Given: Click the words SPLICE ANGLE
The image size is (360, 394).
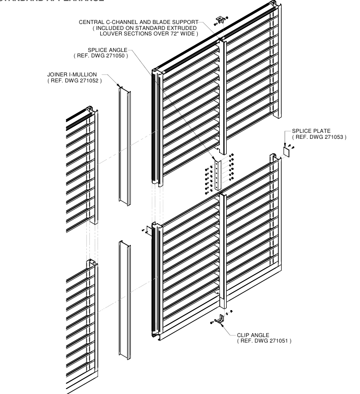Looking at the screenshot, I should tap(107, 50).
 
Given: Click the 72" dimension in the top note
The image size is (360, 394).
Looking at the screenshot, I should tap(180, 33).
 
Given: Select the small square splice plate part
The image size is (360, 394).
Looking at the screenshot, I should tap(287, 150).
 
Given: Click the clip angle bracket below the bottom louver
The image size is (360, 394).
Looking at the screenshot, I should tap(219, 318).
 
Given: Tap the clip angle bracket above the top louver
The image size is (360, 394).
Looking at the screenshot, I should tap(219, 19).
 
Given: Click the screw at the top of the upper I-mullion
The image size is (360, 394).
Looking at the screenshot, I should tap(118, 86).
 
